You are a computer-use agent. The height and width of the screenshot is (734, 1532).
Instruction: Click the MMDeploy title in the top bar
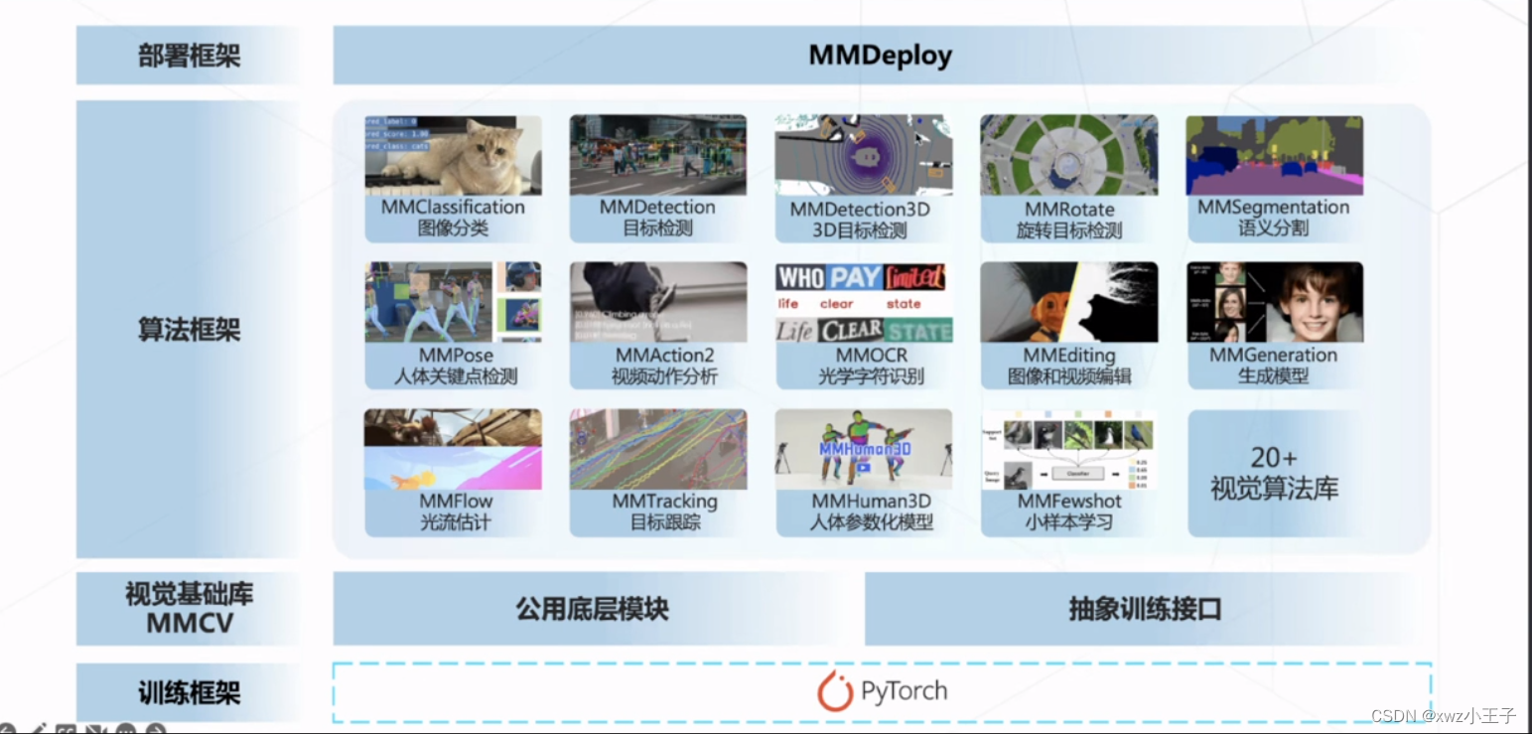[x=880, y=56]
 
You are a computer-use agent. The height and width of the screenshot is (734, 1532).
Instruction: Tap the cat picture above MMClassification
[x=454, y=155]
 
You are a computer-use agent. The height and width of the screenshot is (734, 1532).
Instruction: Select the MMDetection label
[x=657, y=207]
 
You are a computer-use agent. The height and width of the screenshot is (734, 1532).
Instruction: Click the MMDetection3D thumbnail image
[x=863, y=155]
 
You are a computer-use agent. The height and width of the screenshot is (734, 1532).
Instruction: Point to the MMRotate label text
[x=1069, y=209]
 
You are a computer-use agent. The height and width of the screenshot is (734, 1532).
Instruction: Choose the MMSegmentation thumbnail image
[x=1274, y=155]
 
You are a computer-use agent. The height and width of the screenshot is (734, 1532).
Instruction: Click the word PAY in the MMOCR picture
[x=855, y=277]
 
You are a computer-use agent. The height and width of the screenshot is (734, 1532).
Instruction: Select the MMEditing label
[x=1069, y=355]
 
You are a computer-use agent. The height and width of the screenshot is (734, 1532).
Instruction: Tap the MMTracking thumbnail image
[x=658, y=449]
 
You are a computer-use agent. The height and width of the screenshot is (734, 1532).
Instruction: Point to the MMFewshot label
[x=1069, y=502]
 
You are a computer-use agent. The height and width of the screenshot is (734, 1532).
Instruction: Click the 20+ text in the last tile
[x=1274, y=458]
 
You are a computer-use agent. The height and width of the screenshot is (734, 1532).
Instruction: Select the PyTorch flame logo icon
[x=835, y=691]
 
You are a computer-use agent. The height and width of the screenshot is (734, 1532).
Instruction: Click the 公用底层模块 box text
[x=592, y=608]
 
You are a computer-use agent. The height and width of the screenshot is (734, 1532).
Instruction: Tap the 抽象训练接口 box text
[x=1145, y=608]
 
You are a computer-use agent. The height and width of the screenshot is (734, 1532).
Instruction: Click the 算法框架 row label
[x=189, y=329]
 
